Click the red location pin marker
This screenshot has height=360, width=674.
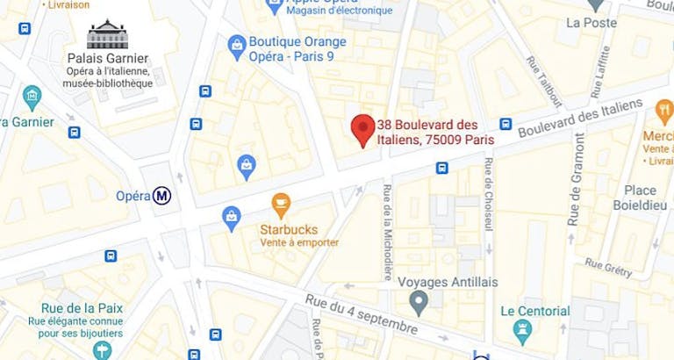[362, 129]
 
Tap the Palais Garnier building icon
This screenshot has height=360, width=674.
[108, 35]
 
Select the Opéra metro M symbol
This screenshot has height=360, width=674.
[161, 196]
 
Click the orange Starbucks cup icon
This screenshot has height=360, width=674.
[281, 205]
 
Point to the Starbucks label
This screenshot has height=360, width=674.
[289, 229]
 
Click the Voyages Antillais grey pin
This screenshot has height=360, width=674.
[419, 303]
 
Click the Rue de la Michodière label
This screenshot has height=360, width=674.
[386, 221]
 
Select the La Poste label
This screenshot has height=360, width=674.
[592, 23]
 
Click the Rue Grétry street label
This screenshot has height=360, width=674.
[608, 267]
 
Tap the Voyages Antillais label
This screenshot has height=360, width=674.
[448, 282]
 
